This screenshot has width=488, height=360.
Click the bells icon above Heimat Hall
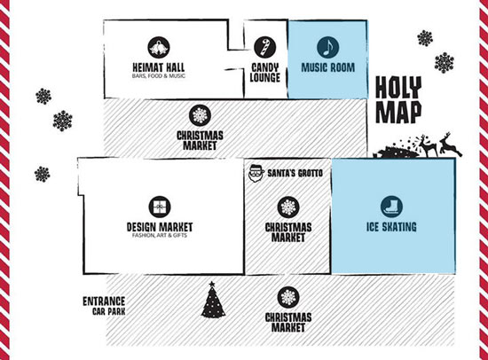point(159,47)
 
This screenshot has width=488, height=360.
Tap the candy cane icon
point(265,47)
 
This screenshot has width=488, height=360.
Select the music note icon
point(328,47)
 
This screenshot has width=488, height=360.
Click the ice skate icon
point(391,207)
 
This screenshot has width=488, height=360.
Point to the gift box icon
point(160,207)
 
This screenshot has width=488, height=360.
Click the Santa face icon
point(256,173)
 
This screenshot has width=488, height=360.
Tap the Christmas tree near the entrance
point(213,300)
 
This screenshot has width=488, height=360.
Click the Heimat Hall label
point(159,67)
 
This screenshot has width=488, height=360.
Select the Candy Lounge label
point(265,73)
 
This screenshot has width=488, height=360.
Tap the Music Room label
point(328,67)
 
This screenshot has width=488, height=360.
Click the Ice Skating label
point(391,227)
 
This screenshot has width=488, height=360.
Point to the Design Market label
point(160,227)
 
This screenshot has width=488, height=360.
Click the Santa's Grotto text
point(295,173)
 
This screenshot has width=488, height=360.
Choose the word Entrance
point(104,301)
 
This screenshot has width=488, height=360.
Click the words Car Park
point(108,311)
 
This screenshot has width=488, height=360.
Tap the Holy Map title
point(398,99)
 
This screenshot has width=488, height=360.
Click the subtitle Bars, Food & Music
point(159,76)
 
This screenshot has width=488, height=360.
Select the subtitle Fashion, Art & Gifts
point(160,235)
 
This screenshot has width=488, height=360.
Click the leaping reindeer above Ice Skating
point(450,145)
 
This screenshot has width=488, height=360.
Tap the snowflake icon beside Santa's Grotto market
point(288,207)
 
